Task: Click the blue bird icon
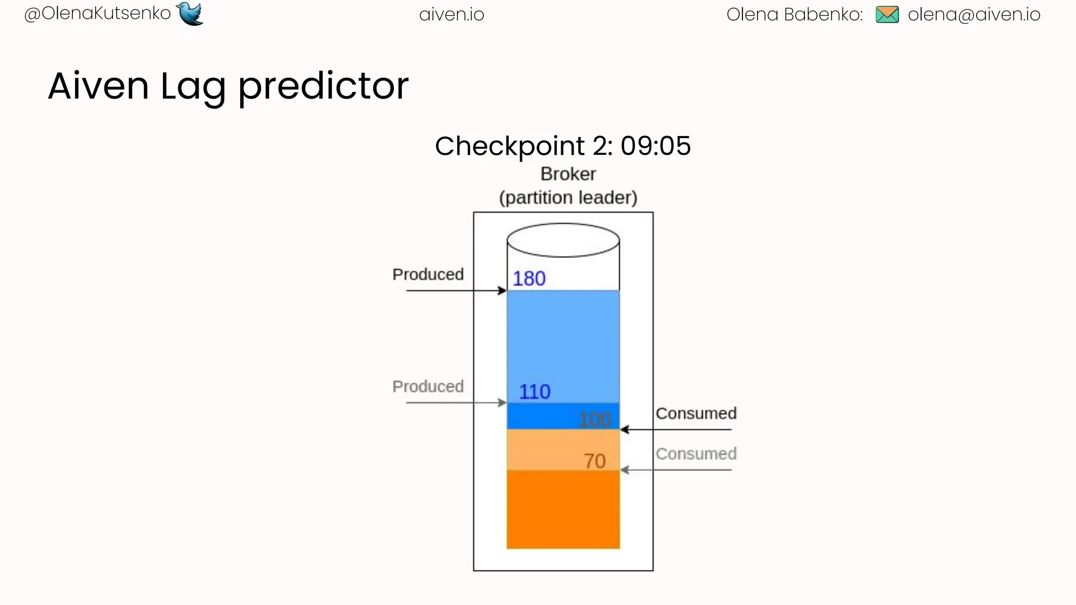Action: tap(190, 13)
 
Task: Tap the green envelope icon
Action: tap(887, 15)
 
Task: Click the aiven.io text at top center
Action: tap(451, 15)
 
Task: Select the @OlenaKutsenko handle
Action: tap(98, 14)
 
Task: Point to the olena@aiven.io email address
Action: tap(974, 15)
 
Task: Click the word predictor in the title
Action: tap(323, 87)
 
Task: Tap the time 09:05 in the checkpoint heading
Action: tap(655, 146)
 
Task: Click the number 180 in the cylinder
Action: tap(529, 278)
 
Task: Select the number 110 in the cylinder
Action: tap(534, 392)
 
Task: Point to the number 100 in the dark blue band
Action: tap(595, 419)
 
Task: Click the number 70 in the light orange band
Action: tap(595, 461)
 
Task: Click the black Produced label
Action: tap(428, 274)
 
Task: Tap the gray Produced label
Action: tap(428, 387)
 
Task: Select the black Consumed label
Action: tap(696, 413)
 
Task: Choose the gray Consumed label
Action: tap(696, 454)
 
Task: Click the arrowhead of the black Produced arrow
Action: tap(503, 290)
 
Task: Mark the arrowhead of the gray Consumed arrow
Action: tap(624, 470)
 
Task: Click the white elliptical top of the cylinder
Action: tap(563, 240)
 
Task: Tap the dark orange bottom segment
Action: tap(563, 509)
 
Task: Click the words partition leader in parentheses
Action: tap(568, 198)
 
